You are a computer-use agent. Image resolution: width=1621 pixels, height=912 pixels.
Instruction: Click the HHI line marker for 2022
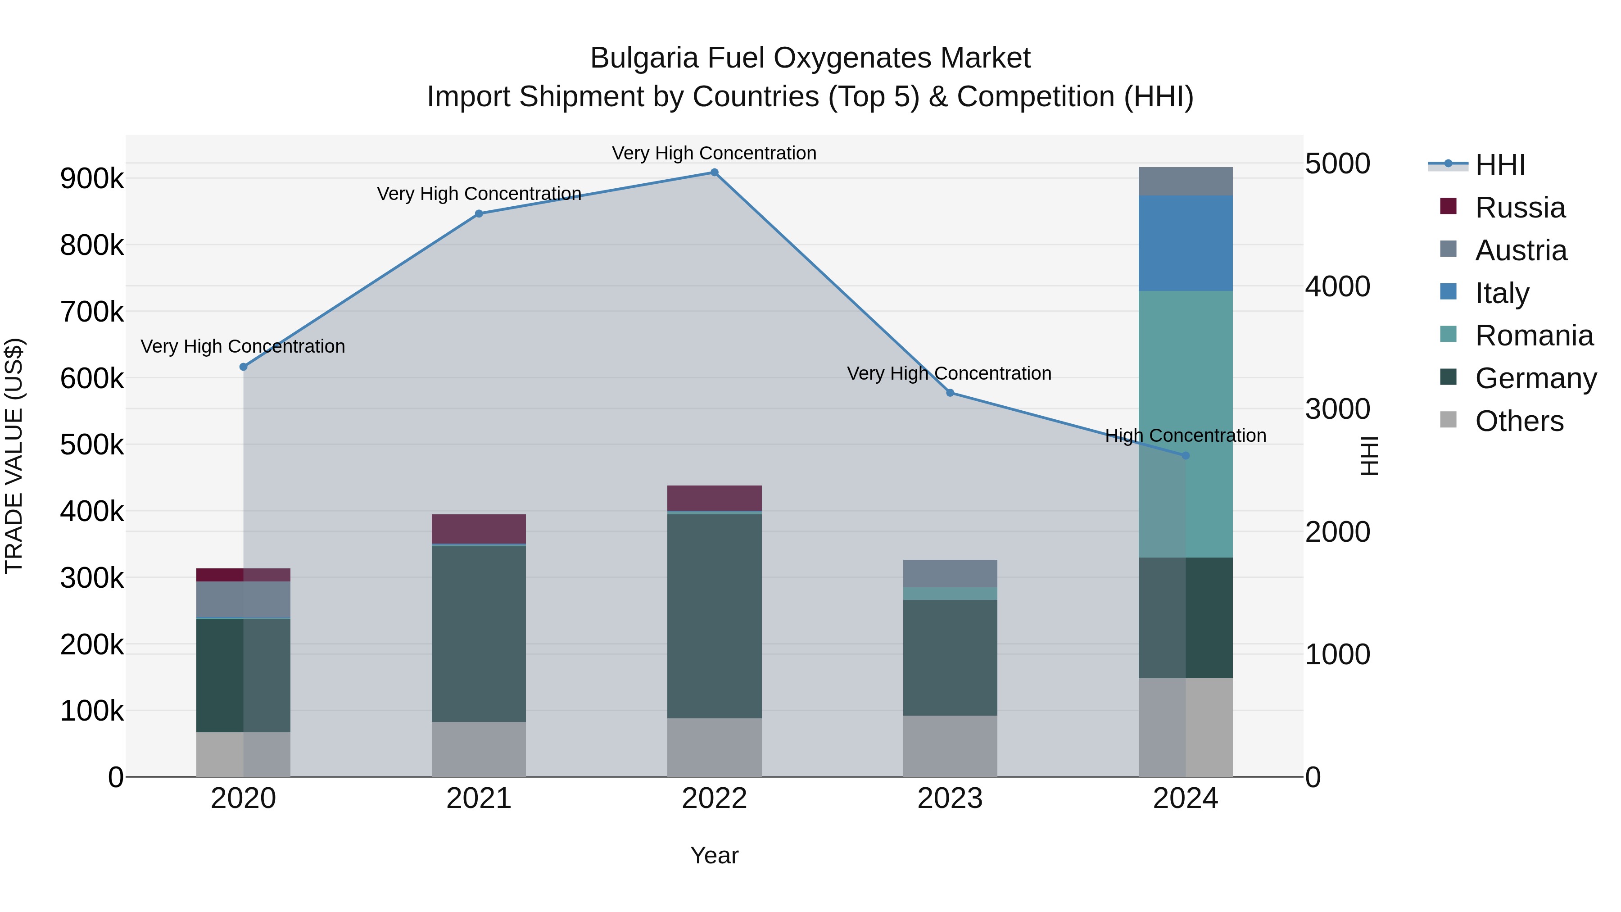(x=714, y=172)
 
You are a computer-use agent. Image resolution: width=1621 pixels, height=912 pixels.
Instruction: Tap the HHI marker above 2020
(x=244, y=367)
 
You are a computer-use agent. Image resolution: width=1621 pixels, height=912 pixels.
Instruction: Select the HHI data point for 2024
(x=1186, y=456)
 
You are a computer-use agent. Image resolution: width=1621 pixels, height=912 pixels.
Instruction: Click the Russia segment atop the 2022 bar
(x=714, y=498)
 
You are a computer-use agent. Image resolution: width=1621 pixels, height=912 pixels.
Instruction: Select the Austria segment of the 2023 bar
(x=950, y=573)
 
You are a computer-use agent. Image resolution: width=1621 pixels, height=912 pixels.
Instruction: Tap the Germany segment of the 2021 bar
(x=479, y=633)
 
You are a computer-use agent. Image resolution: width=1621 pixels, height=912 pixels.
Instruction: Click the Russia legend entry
(x=1520, y=208)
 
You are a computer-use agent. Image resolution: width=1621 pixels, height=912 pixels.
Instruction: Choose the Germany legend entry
(x=1535, y=378)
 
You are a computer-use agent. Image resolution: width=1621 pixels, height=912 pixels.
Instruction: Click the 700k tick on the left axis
(x=92, y=312)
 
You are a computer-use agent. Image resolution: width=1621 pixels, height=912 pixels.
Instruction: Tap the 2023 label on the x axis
(x=950, y=799)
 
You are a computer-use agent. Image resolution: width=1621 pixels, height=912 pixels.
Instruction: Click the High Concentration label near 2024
(x=1186, y=436)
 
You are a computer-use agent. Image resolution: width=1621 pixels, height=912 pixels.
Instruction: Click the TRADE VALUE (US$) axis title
(x=14, y=456)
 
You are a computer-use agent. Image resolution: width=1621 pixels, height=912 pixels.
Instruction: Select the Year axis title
(x=714, y=855)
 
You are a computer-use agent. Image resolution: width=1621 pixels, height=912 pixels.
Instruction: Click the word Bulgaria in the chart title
(x=644, y=58)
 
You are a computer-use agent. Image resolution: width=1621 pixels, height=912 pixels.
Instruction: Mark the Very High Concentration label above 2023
(x=949, y=373)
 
